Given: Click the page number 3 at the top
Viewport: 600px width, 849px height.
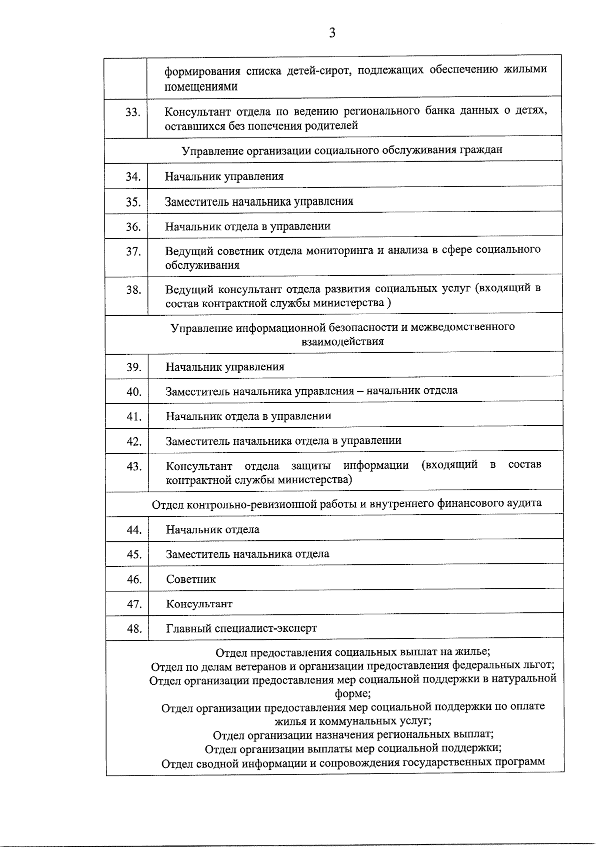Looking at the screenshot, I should point(332,34).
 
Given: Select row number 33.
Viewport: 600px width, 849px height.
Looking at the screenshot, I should point(132,113).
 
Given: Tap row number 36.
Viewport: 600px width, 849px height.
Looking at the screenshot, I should point(133,227).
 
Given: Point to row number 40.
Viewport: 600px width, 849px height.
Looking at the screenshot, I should point(133,392).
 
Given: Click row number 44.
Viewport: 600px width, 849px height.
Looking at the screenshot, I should point(134,530).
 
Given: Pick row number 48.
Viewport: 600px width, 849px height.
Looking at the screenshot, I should point(134,629).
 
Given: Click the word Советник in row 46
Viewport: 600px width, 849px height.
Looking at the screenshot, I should point(191,579).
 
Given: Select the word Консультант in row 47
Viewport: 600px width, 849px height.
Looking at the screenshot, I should point(199,604).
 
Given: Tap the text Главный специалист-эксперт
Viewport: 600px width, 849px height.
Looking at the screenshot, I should point(241,628).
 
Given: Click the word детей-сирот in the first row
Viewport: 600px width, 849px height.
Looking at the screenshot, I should point(314,70).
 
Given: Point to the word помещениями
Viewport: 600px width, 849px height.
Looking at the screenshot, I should point(201,86).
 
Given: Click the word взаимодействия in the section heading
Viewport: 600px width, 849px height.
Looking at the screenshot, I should point(342,342).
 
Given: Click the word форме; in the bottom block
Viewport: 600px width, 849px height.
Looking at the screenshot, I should point(352,694).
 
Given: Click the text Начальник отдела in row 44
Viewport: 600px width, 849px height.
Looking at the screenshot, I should point(212,530).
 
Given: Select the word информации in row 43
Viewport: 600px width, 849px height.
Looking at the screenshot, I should point(375,465).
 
